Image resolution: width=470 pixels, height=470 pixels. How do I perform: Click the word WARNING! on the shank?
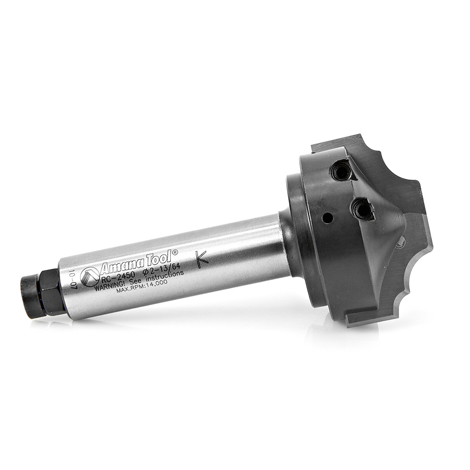pos(107,285)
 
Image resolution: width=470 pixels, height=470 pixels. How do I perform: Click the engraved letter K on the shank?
pos(202,258)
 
